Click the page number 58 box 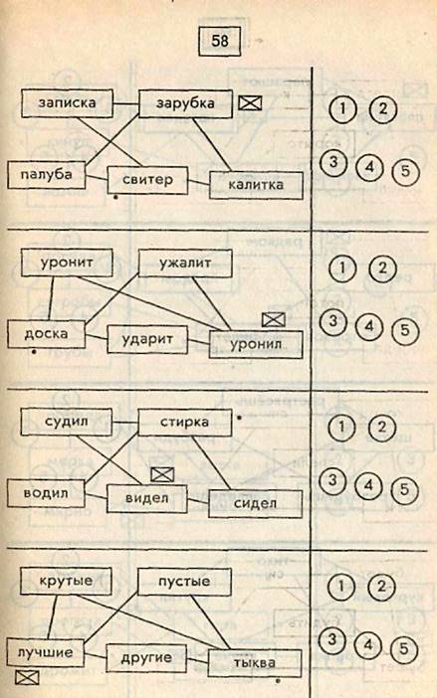pyautogui.click(x=220, y=42)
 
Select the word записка pyautogui.click(x=67, y=102)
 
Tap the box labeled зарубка pyautogui.click(x=185, y=103)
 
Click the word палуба pyautogui.click(x=47, y=174)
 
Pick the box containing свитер pyautogui.click(x=147, y=180)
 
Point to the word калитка pyautogui.click(x=256, y=185)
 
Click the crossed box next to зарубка pyautogui.click(x=250, y=103)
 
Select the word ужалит pyautogui.click(x=185, y=263)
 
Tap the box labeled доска pyautogui.click(x=47, y=334)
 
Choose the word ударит pyautogui.click(x=147, y=340)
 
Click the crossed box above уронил pyautogui.click(x=273, y=319)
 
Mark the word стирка pyautogui.click(x=184, y=423)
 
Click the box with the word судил pyautogui.click(x=67, y=422)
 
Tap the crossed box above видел pyautogui.click(x=162, y=475)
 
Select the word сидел pyautogui.click(x=255, y=503)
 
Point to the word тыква pyautogui.click(x=255, y=663)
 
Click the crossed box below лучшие pyautogui.click(x=27, y=677)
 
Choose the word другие pyautogui.click(x=146, y=658)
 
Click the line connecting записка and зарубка pyautogui.click(x=125, y=104)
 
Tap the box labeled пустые pyautogui.click(x=184, y=582)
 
